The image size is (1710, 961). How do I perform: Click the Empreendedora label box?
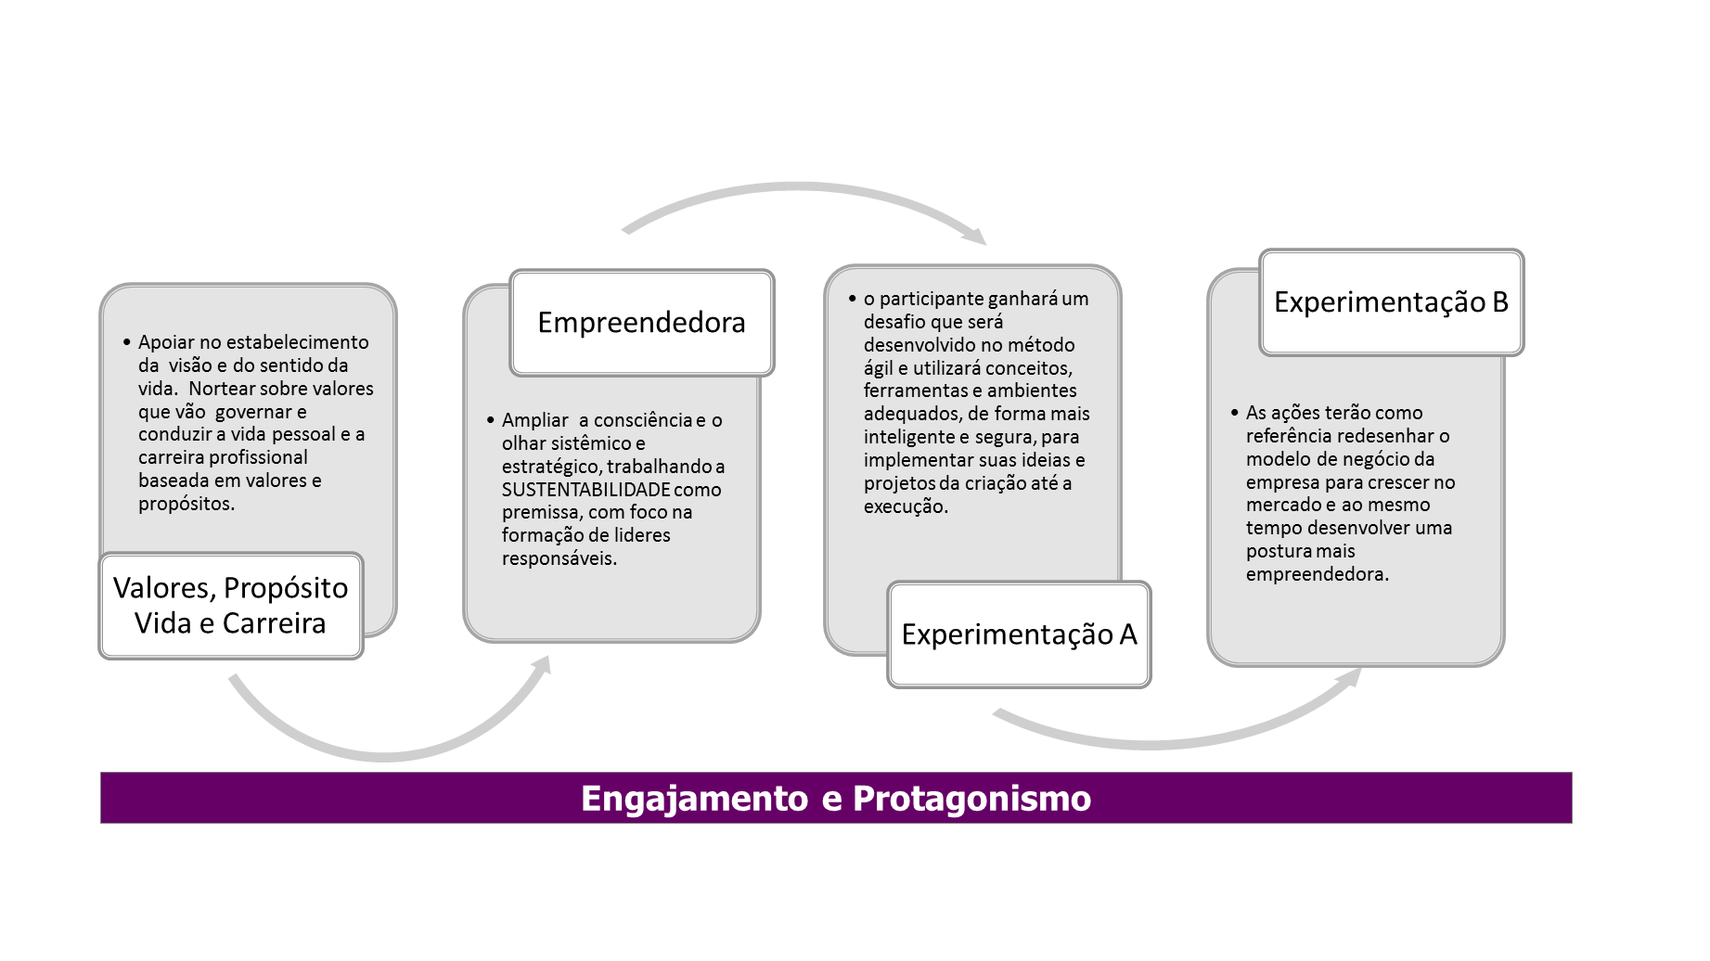click(x=641, y=323)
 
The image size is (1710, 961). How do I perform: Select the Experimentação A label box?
click(x=1019, y=634)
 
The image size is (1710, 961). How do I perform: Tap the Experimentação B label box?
click(x=1391, y=302)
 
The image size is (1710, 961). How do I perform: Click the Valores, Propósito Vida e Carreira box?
click(x=230, y=606)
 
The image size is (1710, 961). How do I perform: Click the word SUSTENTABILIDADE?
click(x=585, y=490)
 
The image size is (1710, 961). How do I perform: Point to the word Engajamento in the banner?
click(x=694, y=799)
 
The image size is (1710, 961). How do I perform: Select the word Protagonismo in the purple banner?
click(x=971, y=799)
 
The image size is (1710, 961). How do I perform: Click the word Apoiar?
click(x=166, y=342)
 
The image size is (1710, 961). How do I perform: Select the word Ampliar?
click(x=534, y=420)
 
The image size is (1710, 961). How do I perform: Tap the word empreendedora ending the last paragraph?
click(x=1316, y=574)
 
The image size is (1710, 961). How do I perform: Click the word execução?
click(x=905, y=506)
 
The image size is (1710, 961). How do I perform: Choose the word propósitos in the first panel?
click(x=186, y=504)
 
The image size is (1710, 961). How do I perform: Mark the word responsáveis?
click(x=559, y=558)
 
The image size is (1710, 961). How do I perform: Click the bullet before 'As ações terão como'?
click(x=1234, y=412)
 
